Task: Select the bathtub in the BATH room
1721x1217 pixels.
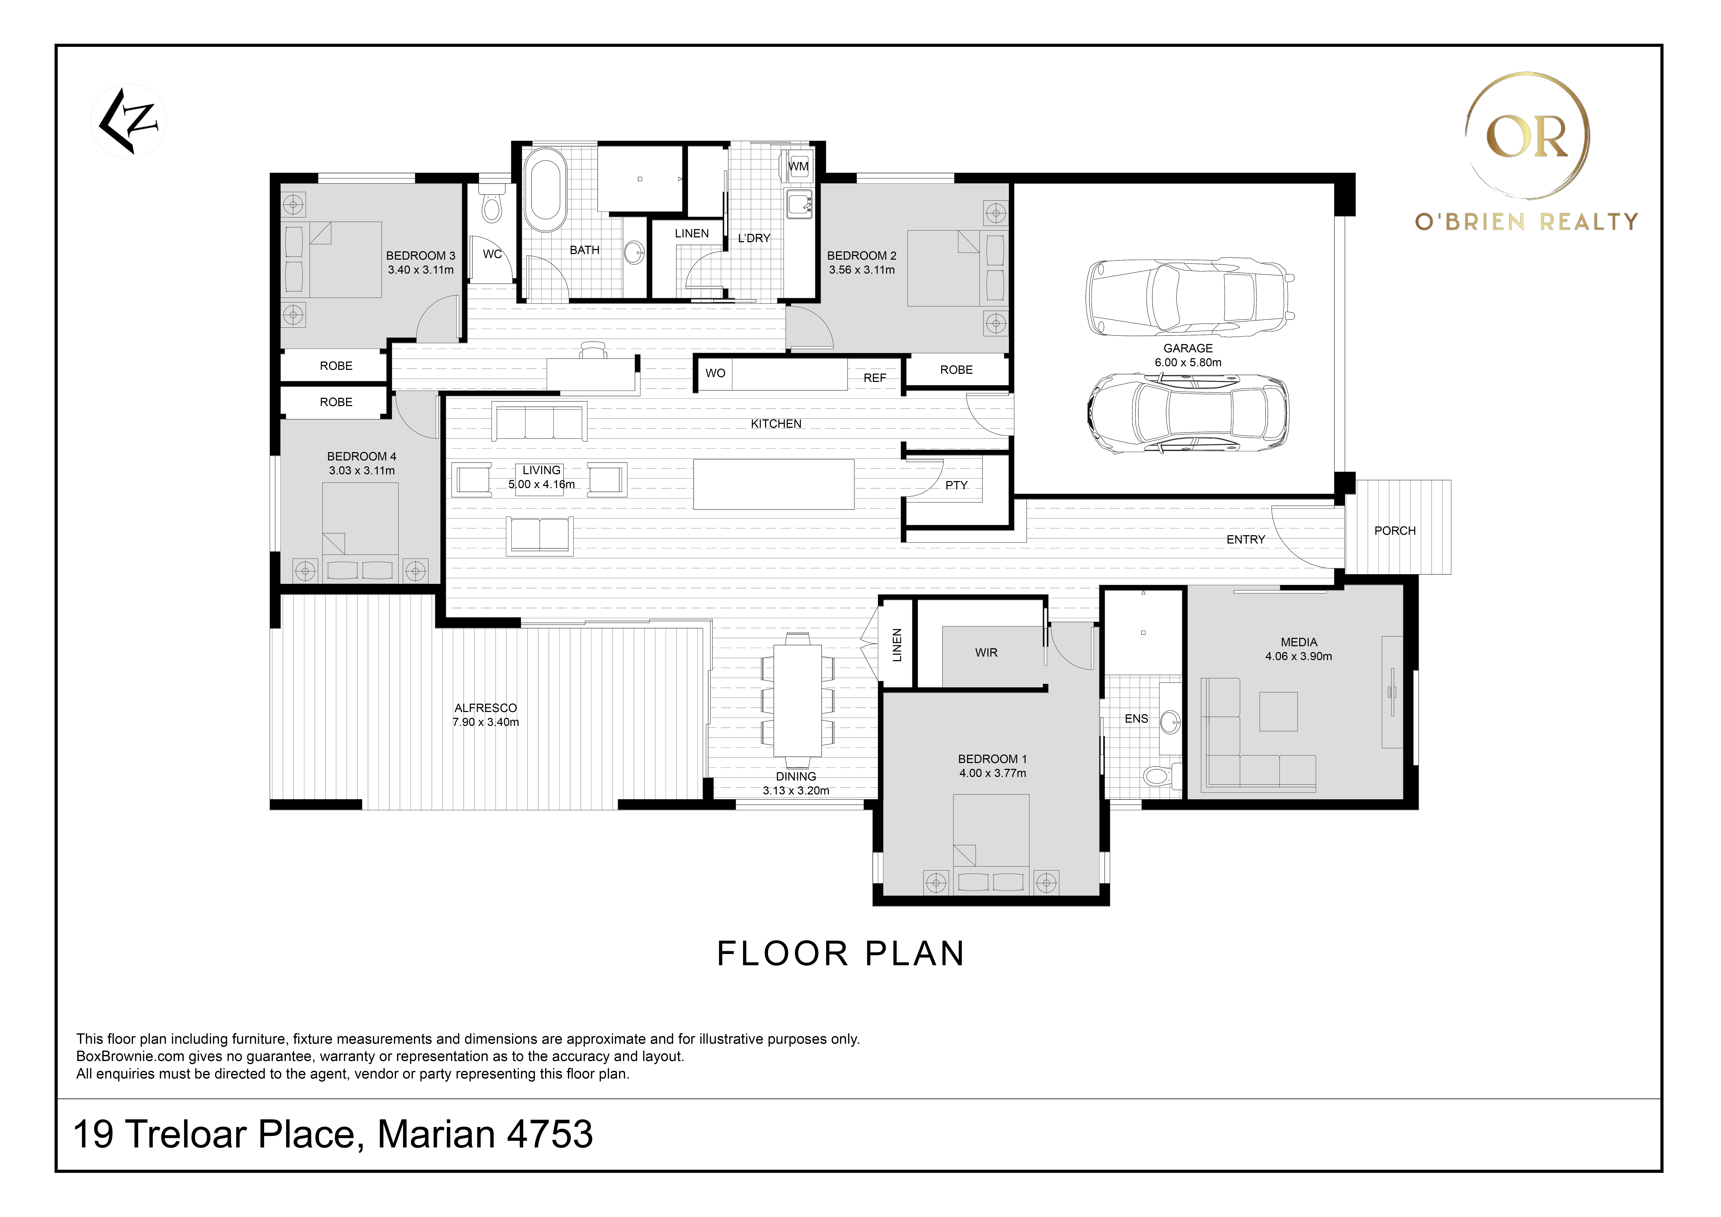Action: (x=545, y=190)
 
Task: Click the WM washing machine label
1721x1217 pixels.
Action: (x=799, y=166)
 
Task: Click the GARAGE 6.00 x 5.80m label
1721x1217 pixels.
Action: (x=1188, y=355)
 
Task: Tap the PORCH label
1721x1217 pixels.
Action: (x=1395, y=531)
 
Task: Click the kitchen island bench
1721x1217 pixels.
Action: (x=773, y=484)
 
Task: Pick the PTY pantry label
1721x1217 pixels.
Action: (x=957, y=485)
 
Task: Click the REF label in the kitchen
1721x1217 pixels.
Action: (x=875, y=378)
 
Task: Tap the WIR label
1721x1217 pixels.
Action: (x=986, y=653)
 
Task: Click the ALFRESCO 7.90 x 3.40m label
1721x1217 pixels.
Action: (x=486, y=715)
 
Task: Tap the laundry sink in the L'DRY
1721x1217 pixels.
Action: (x=799, y=204)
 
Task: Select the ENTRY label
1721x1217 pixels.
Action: (x=1246, y=540)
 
